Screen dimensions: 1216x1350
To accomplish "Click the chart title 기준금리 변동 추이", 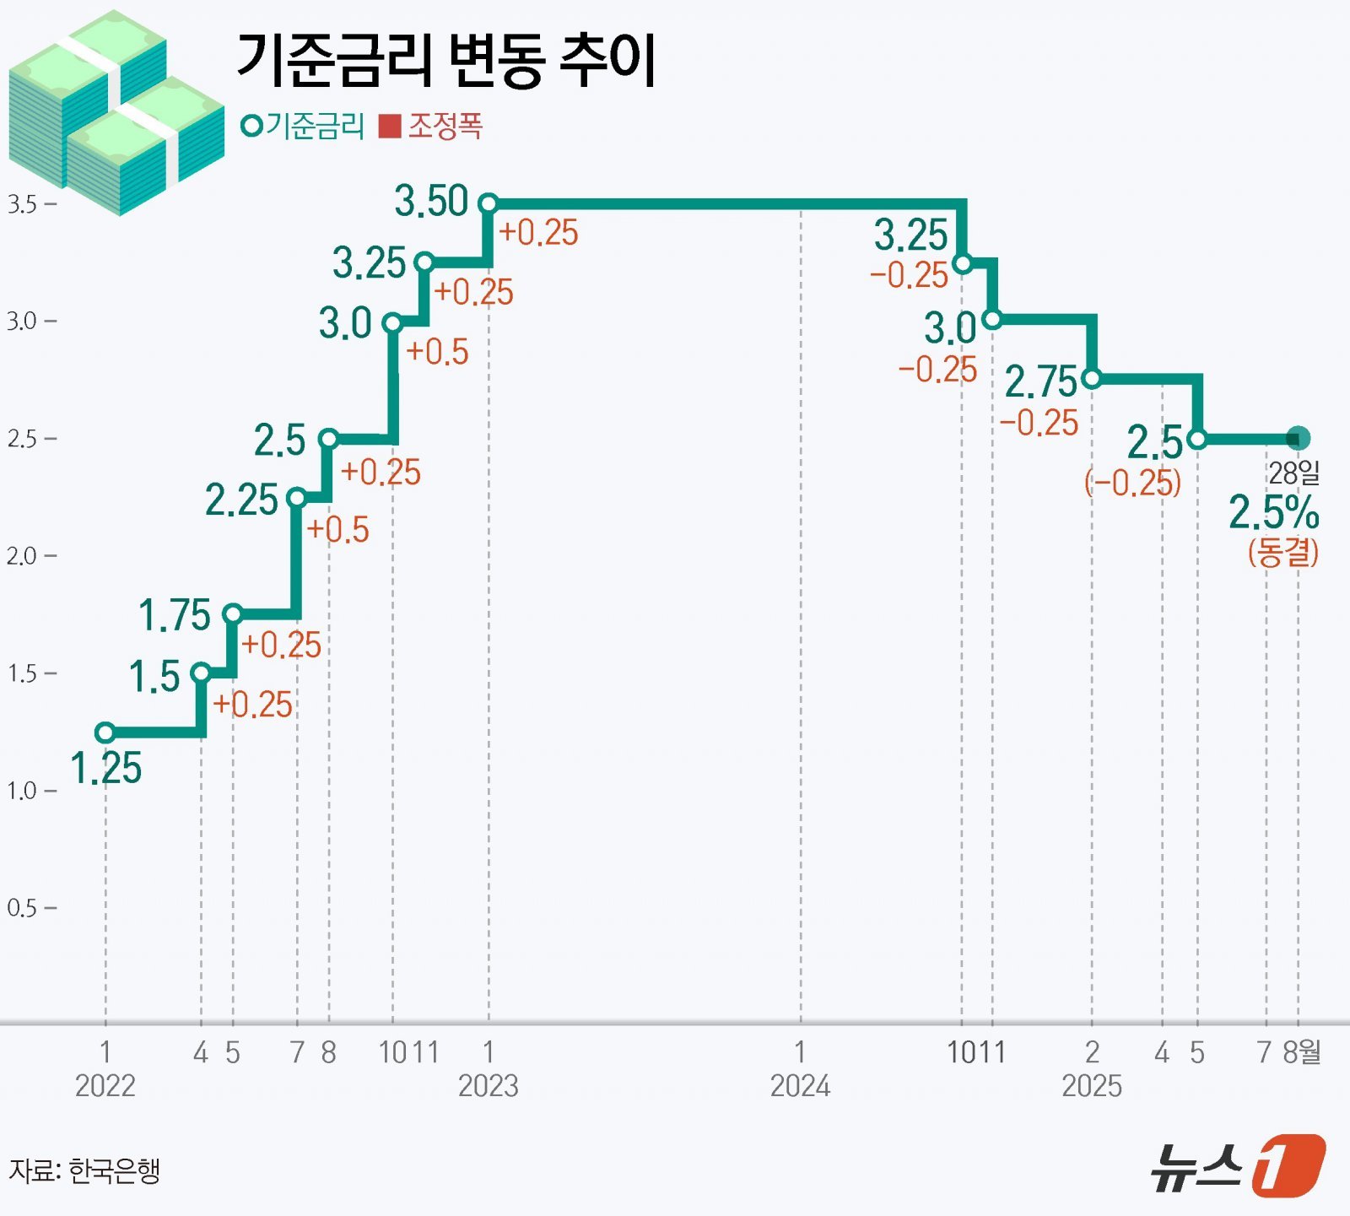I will pyautogui.click(x=445, y=61).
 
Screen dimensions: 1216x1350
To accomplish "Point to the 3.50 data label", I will pyautogui.click(x=431, y=202).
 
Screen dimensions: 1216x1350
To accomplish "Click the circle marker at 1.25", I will pyautogui.click(x=105, y=732).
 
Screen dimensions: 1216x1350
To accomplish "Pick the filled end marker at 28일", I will pyautogui.click(x=1298, y=438).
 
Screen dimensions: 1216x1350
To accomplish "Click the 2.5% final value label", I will pyautogui.click(x=1273, y=512).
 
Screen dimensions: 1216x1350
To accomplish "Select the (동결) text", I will pyautogui.click(x=1282, y=552).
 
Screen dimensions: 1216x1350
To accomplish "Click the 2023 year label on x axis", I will pyautogui.click(x=488, y=1085).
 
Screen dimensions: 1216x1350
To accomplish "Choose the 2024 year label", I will pyautogui.click(x=800, y=1085).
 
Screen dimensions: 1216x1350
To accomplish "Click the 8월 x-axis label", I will pyautogui.click(x=1302, y=1052).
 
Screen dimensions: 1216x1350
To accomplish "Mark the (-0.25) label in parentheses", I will pyautogui.click(x=1132, y=483).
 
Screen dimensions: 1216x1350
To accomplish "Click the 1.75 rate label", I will pyautogui.click(x=175, y=614).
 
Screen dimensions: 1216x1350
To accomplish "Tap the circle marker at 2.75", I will pyautogui.click(x=1091, y=379).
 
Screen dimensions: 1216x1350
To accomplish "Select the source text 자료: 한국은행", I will pyautogui.click(x=84, y=1171).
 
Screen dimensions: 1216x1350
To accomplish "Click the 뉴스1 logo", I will pyautogui.click(x=1237, y=1167).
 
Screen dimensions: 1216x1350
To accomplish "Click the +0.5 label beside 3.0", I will pyautogui.click(x=437, y=352).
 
